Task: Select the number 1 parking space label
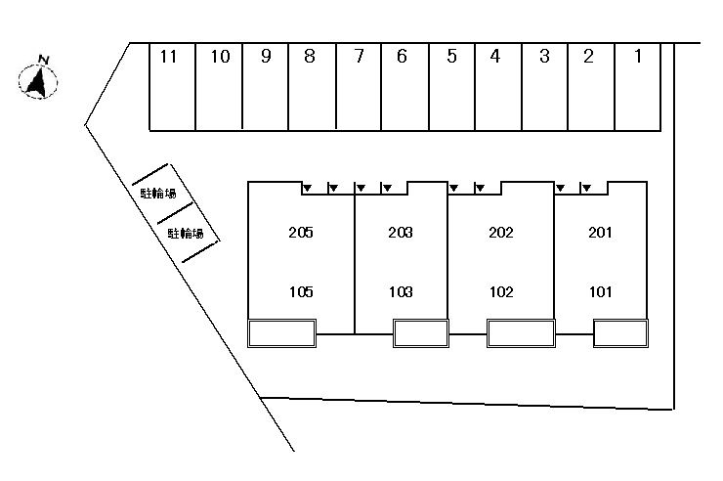pyautogui.click(x=638, y=57)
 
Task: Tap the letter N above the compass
pyautogui.click(x=44, y=60)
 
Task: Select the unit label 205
pyautogui.click(x=301, y=232)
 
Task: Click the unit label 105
pyautogui.click(x=301, y=291)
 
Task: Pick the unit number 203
pyautogui.click(x=401, y=232)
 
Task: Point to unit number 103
pyautogui.click(x=401, y=291)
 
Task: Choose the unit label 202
pyautogui.click(x=501, y=232)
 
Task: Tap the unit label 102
pyautogui.click(x=501, y=291)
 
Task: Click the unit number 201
pyautogui.click(x=600, y=232)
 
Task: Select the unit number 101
pyautogui.click(x=601, y=291)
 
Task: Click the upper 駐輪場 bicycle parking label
pyautogui.click(x=158, y=193)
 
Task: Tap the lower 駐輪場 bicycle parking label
pyautogui.click(x=186, y=234)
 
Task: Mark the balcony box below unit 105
pyautogui.click(x=281, y=333)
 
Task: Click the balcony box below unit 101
pyautogui.click(x=620, y=333)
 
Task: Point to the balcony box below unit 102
pyautogui.click(x=521, y=333)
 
